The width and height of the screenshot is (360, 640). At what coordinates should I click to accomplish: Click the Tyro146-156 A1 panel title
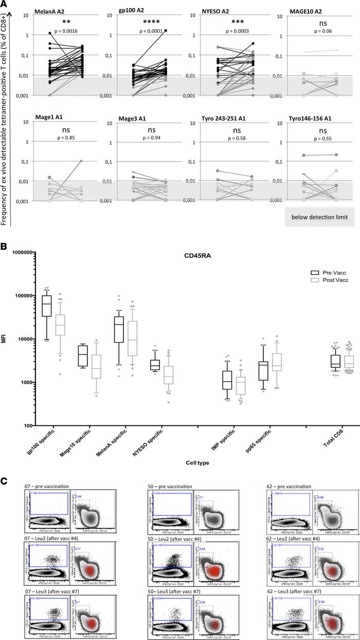pyautogui.click(x=308, y=123)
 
